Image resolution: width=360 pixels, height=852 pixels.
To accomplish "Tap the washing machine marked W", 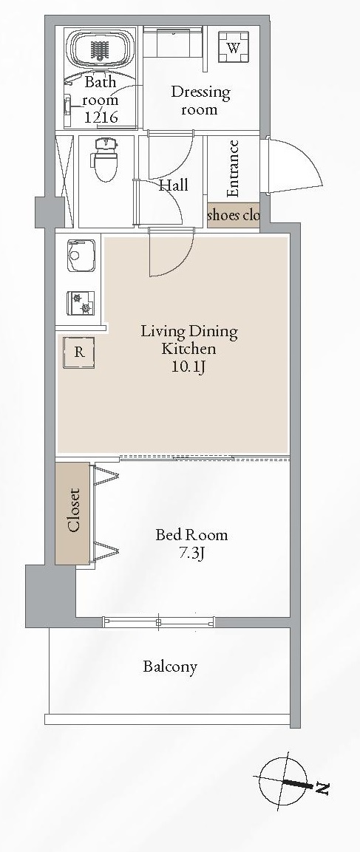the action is pyautogui.click(x=234, y=47).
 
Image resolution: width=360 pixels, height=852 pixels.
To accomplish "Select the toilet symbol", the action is pyautogui.click(x=106, y=159).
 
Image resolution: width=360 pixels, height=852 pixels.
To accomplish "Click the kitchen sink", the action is pyautogui.click(x=81, y=256).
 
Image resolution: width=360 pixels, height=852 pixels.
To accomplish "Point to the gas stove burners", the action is pyautogui.click(x=81, y=303).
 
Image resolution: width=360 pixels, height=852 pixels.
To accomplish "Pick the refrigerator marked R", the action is pyautogui.click(x=79, y=352).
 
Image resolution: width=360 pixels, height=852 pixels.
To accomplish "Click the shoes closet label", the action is pyautogui.click(x=233, y=215).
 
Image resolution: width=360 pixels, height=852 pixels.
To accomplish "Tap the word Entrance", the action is pyautogui.click(x=234, y=168).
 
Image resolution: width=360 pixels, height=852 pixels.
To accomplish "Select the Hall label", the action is pyautogui.click(x=174, y=185).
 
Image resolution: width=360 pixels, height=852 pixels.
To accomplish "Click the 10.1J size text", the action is pyautogui.click(x=189, y=368).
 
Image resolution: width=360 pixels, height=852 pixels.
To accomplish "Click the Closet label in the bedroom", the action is pyautogui.click(x=73, y=510).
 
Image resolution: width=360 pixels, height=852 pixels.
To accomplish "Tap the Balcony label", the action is pyautogui.click(x=170, y=667).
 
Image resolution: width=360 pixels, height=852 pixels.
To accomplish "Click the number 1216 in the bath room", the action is pyautogui.click(x=101, y=116).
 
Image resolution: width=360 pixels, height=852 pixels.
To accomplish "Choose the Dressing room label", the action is pyautogui.click(x=200, y=100).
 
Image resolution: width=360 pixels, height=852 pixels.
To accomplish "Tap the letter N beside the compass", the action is pyautogui.click(x=322, y=788).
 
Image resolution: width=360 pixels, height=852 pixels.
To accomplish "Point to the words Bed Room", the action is pyautogui.click(x=191, y=535).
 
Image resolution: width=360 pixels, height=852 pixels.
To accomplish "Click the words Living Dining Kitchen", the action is pyautogui.click(x=189, y=340).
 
